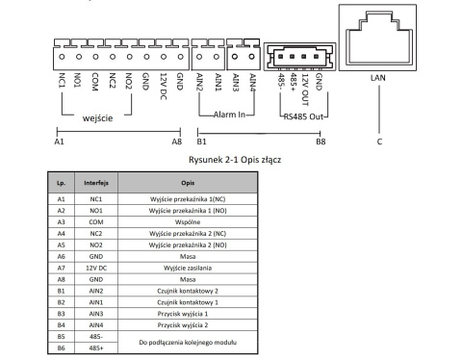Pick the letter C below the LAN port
click(x=379, y=141)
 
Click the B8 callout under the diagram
click(x=320, y=141)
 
